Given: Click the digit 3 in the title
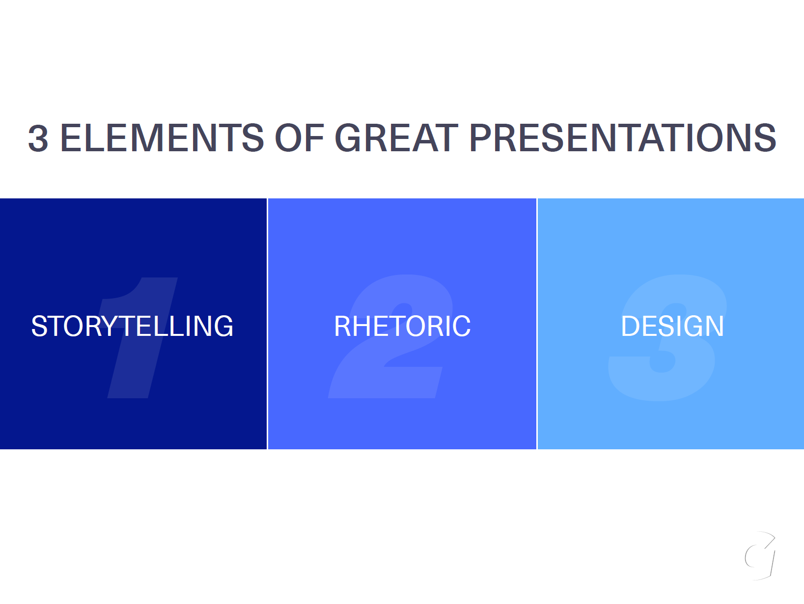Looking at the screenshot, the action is point(38,137).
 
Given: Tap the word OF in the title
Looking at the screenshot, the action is point(300,137).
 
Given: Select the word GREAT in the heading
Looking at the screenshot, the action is point(396,137).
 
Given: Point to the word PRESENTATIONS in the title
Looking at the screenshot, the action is point(623,137).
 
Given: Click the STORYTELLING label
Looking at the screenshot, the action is point(132,326).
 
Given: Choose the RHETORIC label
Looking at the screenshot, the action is point(402,326).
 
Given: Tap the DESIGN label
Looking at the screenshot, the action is point(672,326).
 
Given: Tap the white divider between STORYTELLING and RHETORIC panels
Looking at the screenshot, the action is point(267,324).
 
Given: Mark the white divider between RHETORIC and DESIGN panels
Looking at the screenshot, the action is point(537,324).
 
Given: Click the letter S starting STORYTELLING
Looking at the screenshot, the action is point(40,326).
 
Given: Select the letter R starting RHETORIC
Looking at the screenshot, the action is point(343,326).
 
